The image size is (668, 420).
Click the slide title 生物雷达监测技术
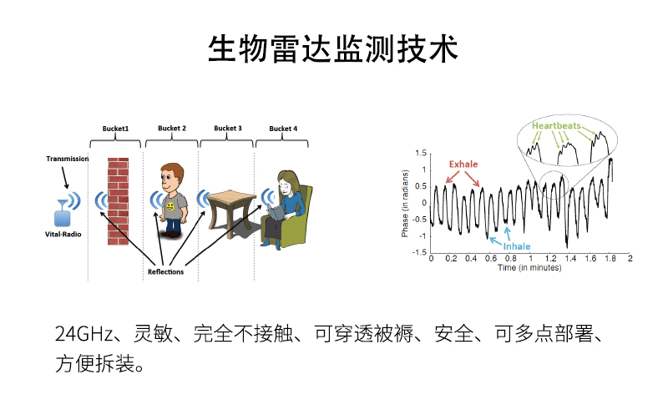point(332,49)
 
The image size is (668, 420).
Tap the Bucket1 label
point(115,129)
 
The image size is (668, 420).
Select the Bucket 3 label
point(227,129)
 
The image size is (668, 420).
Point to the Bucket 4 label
point(283,129)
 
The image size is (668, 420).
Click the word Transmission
point(68,159)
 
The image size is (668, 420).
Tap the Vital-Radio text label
point(63,235)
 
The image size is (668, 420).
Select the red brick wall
point(118,201)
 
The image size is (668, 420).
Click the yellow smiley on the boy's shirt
point(170,206)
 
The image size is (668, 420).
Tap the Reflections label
point(165,271)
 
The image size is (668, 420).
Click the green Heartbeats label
point(556,125)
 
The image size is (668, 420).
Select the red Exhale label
point(463,164)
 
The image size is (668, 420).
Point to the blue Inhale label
point(517,246)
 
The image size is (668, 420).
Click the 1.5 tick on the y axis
point(421,153)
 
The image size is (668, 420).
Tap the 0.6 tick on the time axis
point(491,258)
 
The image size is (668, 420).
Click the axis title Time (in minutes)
point(529,267)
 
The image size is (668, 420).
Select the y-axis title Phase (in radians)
point(405,203)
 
